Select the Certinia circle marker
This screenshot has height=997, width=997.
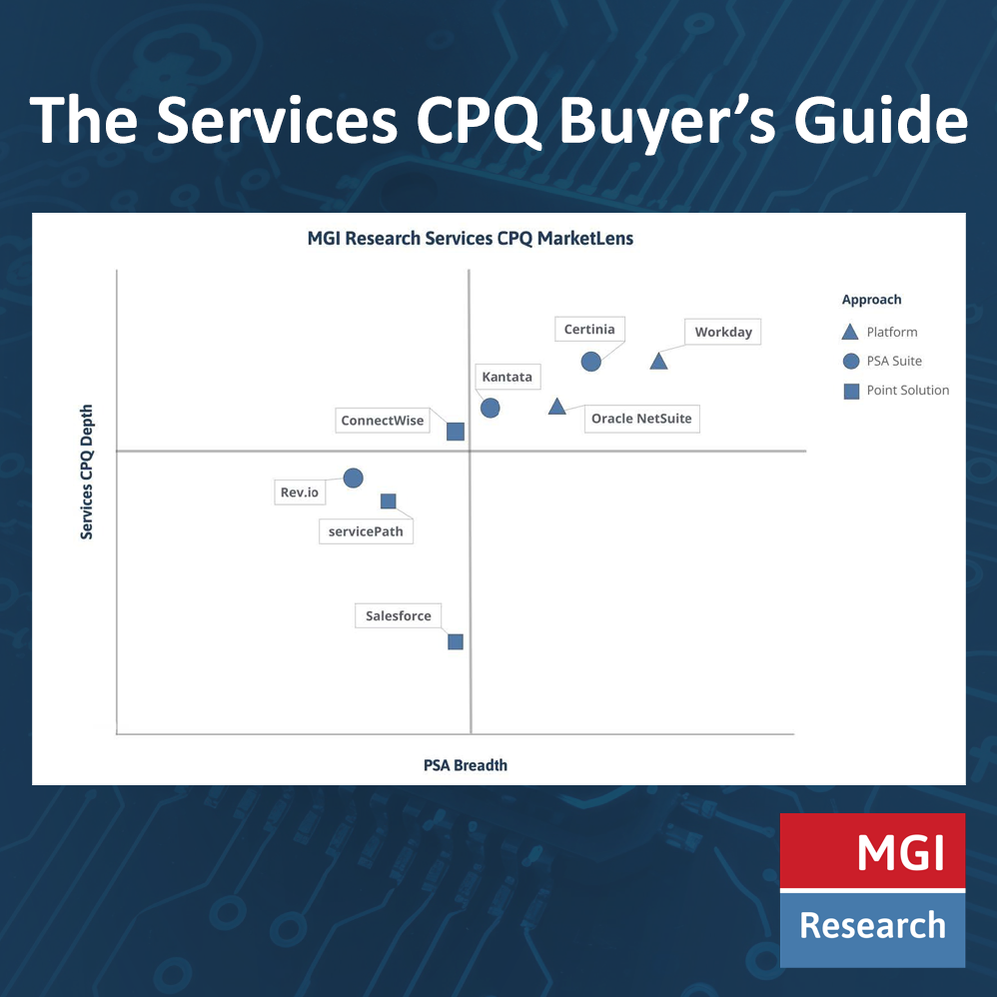591,361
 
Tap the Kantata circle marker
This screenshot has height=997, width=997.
490,408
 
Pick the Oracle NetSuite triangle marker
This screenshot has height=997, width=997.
557,407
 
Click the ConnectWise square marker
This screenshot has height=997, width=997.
456,432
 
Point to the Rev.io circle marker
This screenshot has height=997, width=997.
353,479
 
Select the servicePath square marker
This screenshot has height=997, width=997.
389,501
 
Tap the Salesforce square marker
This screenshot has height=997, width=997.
456,641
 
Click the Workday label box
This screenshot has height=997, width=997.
722,332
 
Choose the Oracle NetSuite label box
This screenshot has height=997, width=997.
641,419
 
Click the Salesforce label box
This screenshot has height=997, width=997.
398,616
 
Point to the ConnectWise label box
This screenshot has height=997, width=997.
383,421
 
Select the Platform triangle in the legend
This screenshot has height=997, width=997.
851,333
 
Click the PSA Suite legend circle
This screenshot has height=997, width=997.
851,362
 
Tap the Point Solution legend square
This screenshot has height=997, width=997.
851,391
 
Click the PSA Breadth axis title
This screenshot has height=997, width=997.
466,765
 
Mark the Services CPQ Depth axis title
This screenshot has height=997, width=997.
87,472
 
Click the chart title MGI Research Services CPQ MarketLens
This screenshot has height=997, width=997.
470,240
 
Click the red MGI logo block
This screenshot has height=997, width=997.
872,850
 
